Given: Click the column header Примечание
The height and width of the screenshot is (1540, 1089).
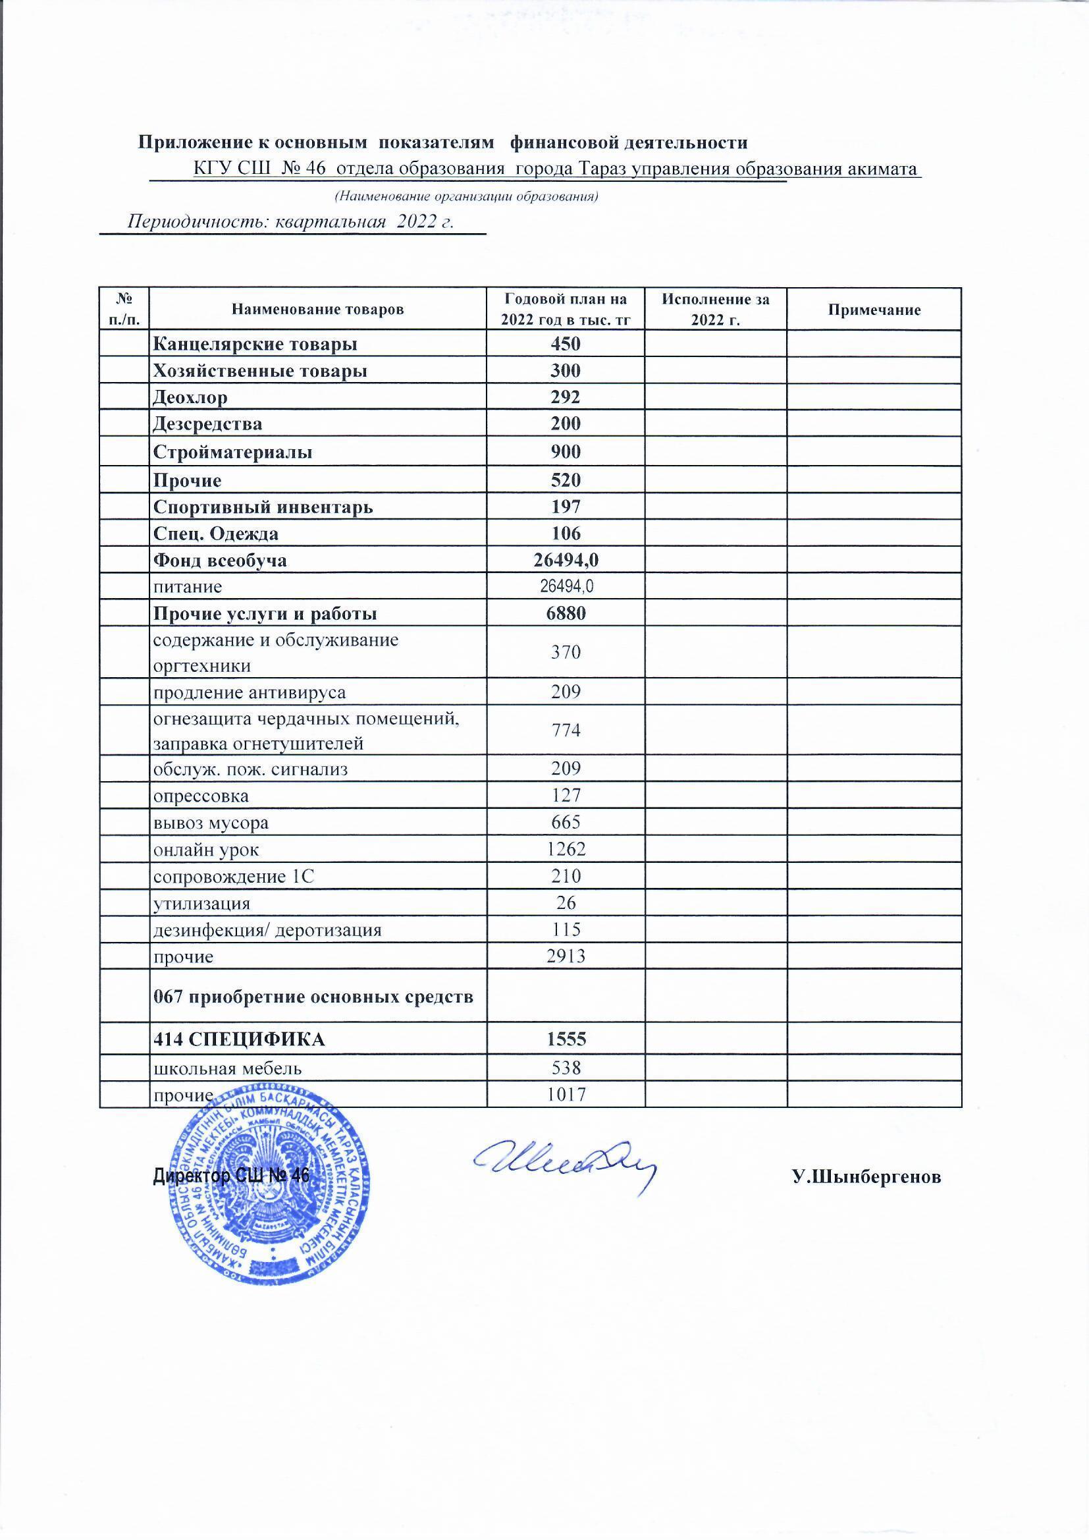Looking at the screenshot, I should click(874, 310).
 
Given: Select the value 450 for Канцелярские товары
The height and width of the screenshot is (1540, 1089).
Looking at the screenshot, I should click(566, 344).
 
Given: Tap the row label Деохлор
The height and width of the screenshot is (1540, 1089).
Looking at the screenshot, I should click(190, 397).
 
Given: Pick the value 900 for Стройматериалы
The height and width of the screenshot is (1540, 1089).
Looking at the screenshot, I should click(566, 452).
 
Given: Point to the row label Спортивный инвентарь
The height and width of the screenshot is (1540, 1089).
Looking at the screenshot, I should click(263, 507).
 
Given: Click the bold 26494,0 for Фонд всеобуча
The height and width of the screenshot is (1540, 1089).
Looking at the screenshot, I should click(566, 561).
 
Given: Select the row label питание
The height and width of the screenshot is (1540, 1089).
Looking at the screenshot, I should click(188, 588).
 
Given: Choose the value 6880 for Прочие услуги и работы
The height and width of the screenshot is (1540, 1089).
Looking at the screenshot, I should click(566, 614).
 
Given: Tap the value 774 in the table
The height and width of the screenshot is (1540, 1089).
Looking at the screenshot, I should click(566, 730).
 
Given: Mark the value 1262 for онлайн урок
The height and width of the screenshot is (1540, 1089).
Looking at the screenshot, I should click(566, 850).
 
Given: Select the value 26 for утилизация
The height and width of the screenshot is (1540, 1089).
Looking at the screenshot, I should click(566, 903).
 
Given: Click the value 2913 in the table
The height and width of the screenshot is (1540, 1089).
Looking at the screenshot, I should click(566, 956).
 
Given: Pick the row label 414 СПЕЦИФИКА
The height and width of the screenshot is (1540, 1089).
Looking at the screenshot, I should click(240, 1039).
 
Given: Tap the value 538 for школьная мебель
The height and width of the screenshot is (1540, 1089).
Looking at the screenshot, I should click(566, 1067).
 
